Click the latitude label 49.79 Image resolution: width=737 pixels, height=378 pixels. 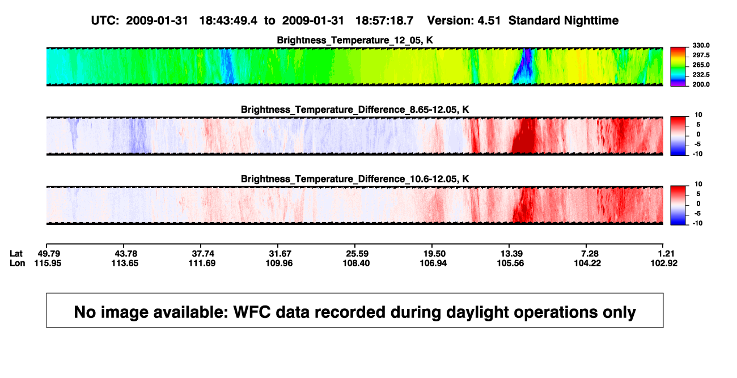pyautogui.click(x=49, y=254)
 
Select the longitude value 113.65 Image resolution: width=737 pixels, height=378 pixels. pyautogui.click(x=125, y=263)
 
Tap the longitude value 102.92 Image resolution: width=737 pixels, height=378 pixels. pyautogui.click(x=664, y=263)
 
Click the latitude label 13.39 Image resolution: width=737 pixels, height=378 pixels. pyautogui.click(x=511, y=254)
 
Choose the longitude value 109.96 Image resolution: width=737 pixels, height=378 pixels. pyautogui.click(x=279, y=263)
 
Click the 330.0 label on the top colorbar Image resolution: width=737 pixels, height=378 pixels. pyautogui.click(x=701, y=45)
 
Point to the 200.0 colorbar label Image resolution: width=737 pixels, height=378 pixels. pyautogui.click(x=701, y=84)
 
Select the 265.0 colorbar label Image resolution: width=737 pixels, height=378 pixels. pyautogui.click(x=701, y=65)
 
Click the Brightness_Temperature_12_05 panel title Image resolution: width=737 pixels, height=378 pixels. pyautogui.click(x=355, y=40)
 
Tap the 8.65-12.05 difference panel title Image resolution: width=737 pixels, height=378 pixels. pyautogui.click(x=355, y=109)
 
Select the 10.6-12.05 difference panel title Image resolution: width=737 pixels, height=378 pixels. pyautogui.click(x=355, y=179)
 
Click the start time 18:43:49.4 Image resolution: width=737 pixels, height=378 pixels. pyautogui.click(x=228, y=21)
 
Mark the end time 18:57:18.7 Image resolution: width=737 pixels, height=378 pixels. pyautogui.click(x=384, y=21)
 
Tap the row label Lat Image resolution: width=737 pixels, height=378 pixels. pyautogui.click(x=16, y=254)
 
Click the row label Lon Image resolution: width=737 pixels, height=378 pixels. pyautogui.click(x=18, y=263)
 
